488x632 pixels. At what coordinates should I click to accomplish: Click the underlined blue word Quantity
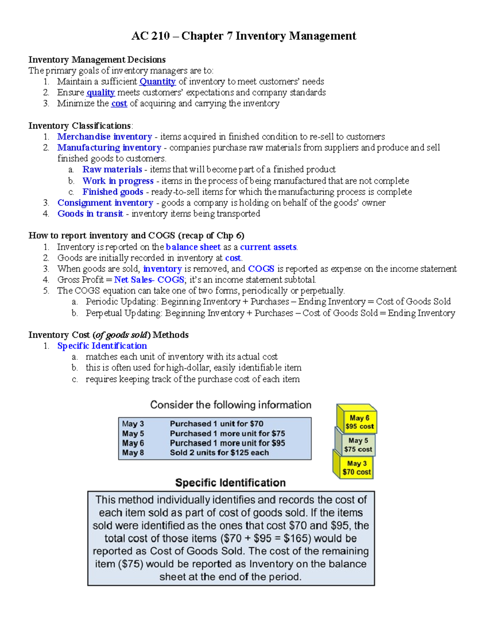pyautogui.click(x=157, y=81)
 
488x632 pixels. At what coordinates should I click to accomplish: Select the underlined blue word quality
pyautogui.click(x=100, y=92)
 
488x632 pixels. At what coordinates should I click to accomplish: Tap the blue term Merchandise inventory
pyautogui.click(x=105, y=137)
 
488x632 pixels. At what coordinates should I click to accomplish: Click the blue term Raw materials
pyautogui.click(x=112, y=169)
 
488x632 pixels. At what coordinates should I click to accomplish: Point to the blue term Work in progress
pyautogui.click(x=118, y=181)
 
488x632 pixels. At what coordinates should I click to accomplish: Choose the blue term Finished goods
pyautogui.click(x=113, y=192)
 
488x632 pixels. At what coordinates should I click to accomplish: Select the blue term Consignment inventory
pyautogui.click(x=105, y=203)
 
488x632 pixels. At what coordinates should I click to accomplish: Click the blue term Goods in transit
pyautogui.click(x=90, y=214)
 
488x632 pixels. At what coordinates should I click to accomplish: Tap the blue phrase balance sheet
pyautogui.click(x=193, y=247)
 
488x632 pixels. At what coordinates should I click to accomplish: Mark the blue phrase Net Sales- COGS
pyautogui.click(x=149, y=280)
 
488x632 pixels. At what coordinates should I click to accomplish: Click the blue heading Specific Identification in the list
pyautogui.click(x=102, y=346)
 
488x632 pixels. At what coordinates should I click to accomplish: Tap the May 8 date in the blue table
pyautogui.click(x=133, y=453)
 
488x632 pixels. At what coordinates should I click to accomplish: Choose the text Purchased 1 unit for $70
pyautogui.click(x=216, y=424)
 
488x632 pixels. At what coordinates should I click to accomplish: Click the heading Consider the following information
pyautogui.click(x=231, y=405)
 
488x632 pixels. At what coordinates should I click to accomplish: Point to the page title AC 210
pyautogui.click(x=150, y=36)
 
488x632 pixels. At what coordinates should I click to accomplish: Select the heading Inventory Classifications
pyautogui.click(x=80, y=126)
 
